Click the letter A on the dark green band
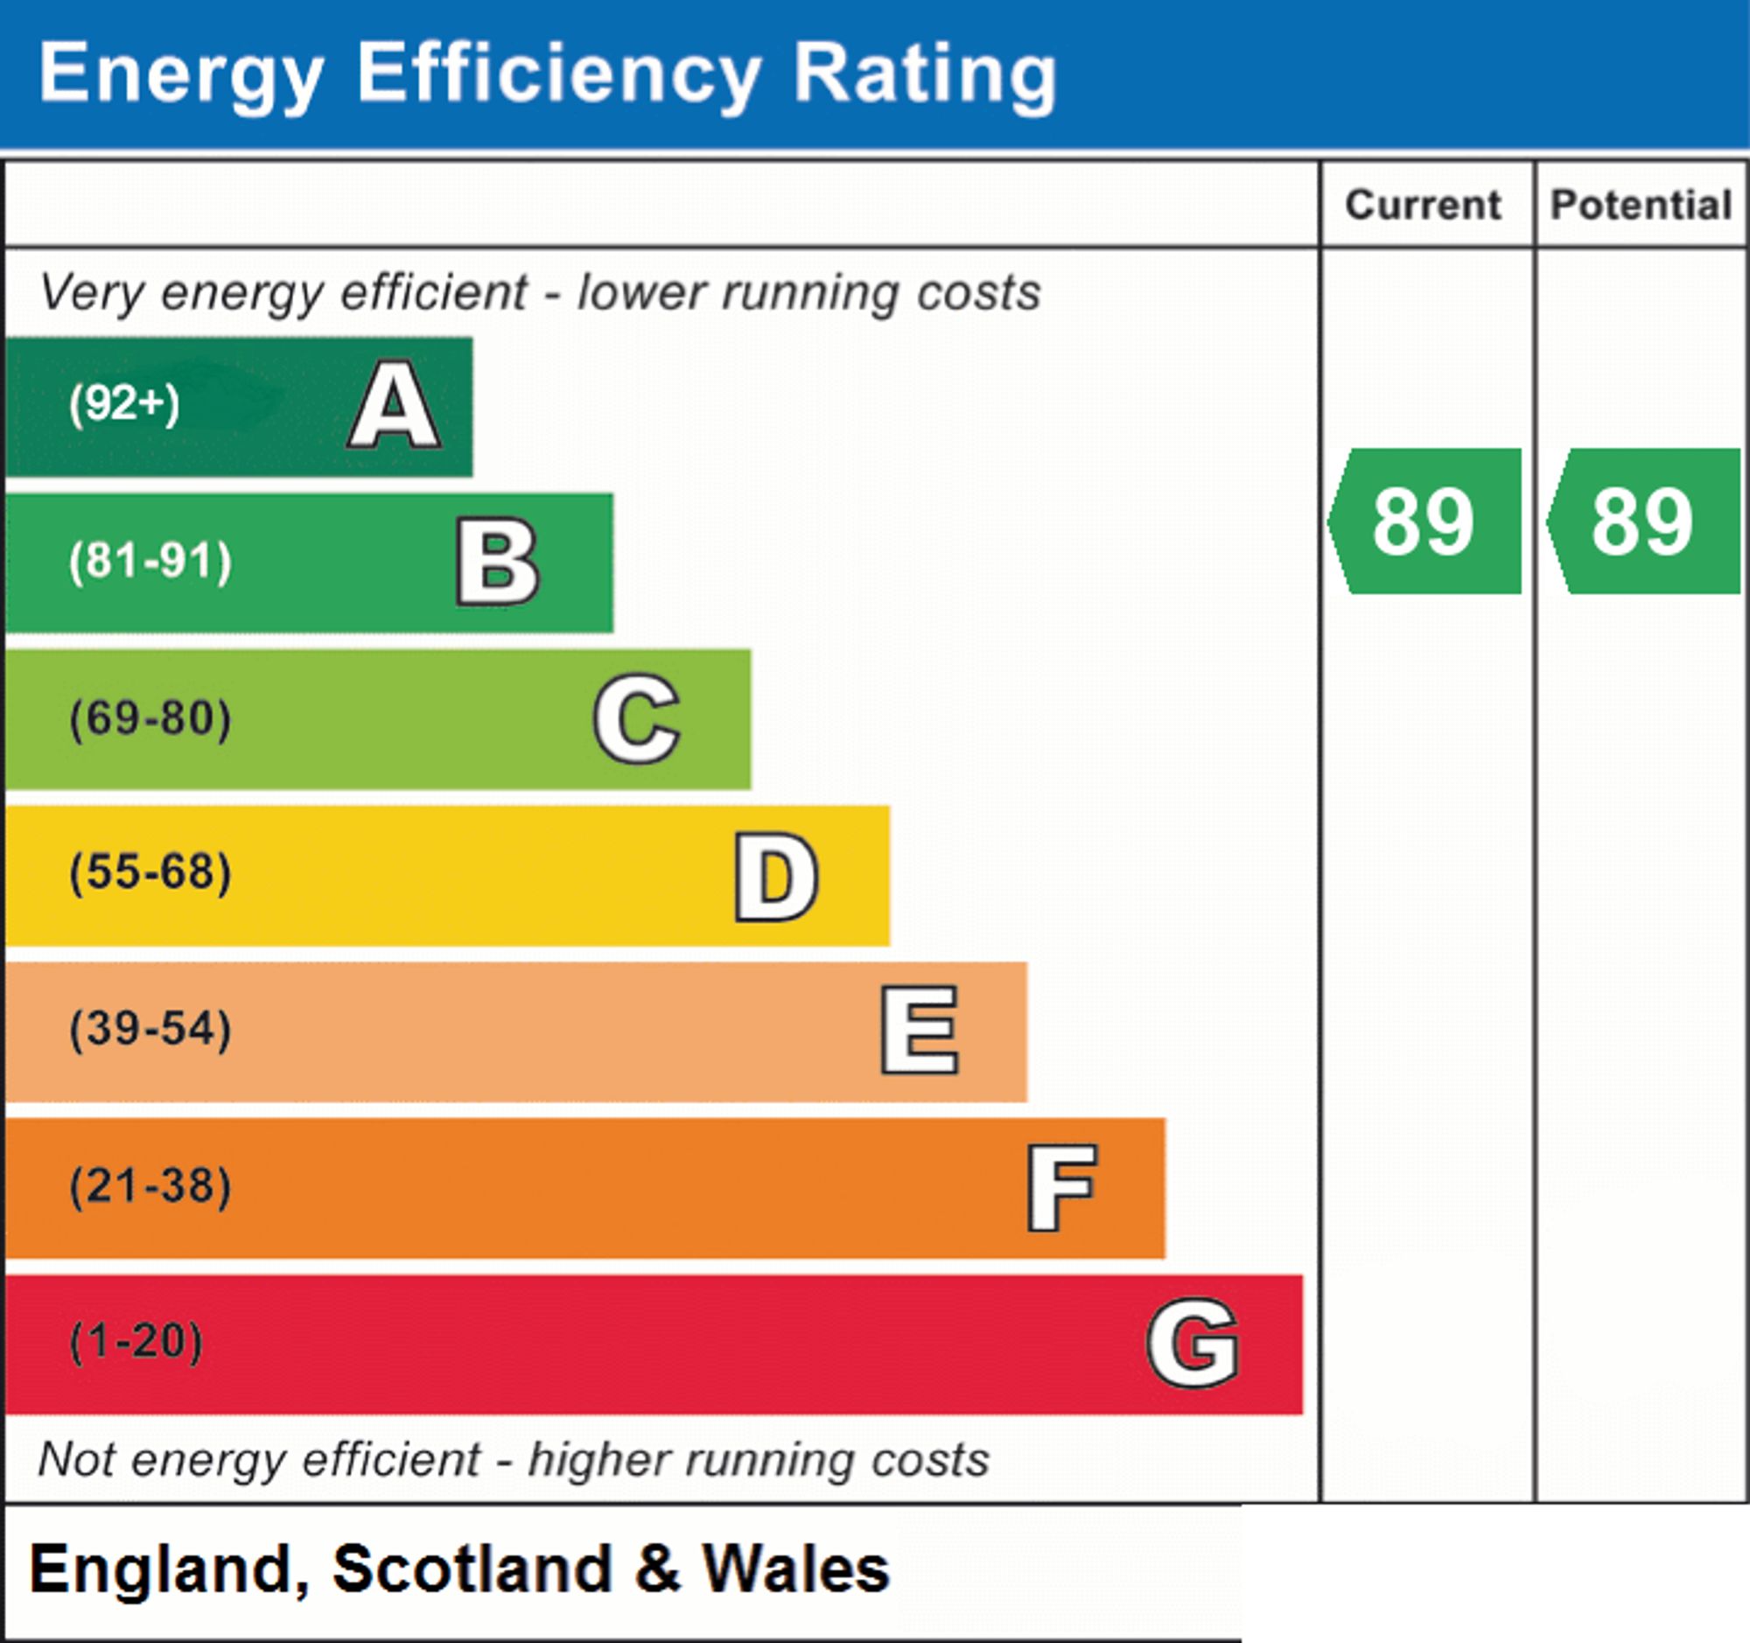pyautogui.click(x=395, y=405)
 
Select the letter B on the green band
pyautogui.click(x=497, y=562)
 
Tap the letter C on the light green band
pyautogui.click(x=636, y=718)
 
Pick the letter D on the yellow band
pyautogui.click(x=776, y=877)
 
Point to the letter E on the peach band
pyautogui.click(x=919, y=1031)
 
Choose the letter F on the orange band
pyautogui.click(x=1061, y=1187)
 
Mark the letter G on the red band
pyautogui.click(x=1193, y=1343)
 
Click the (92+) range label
pyautogui.click(x=124, y=404)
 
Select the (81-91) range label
pyautogui.click(x=150, y=562)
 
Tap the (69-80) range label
pyautogui.click(x=150, y=718)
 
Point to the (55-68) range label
pyautogui.click(x=150, y=873)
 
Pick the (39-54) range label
pyautogui.click(x=150, y=1030)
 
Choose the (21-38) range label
pyautogui.click(x=150, y=1186)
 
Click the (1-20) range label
pyautogui.click(x=136, y=1342)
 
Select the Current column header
pyautogui.click(x=1424, y=205)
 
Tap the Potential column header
pyautogui.click(x=1641, y=205)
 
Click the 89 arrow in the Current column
pyautogui.click(x=1424, y=521)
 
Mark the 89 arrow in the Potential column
pyautogui.click(x=1643, y=521)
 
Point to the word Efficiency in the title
pyautogui.click(x=558, y=76)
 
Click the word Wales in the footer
pyautogui.click(x=795, y=1570)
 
